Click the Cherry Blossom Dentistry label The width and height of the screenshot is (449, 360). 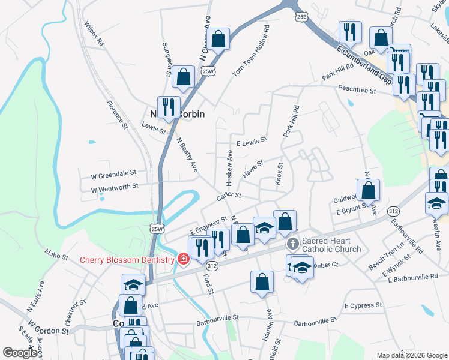click(127, 260)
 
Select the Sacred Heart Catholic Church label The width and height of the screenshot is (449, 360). click(331, 245)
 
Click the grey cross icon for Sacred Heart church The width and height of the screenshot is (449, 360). click(292, 244)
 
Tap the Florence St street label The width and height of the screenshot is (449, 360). click(118, 114)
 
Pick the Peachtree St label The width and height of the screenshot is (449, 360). click(356, 91)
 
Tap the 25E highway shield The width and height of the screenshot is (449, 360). click(301, 17)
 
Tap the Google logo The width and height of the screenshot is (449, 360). click(20, 353)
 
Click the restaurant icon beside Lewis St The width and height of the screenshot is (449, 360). click(169, 107)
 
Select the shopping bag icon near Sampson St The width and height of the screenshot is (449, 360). click(183, 77)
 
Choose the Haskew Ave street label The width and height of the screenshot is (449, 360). click(229, 167)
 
